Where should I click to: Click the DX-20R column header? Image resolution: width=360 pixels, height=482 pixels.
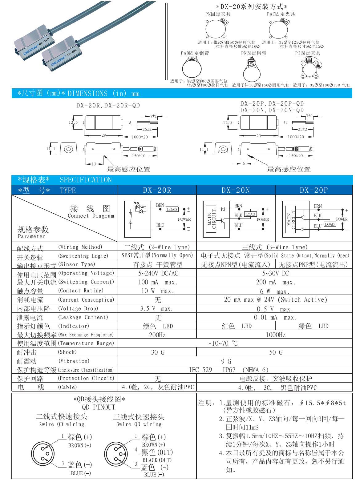pos(157,190)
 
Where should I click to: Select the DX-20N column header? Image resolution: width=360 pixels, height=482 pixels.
pos(236,190)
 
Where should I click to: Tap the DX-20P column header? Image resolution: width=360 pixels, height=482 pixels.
pos(314,190)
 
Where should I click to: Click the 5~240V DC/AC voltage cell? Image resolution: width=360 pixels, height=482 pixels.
pos(157,273)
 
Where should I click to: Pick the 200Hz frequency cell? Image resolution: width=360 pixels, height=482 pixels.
pos(157,335)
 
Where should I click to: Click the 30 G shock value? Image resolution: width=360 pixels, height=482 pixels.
pos(157,352)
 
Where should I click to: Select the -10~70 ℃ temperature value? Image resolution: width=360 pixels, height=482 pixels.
pos(223,343)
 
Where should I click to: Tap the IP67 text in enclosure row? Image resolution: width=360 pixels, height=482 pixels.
pos(229,370)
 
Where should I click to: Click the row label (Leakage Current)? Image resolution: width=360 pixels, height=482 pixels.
pos(83,317)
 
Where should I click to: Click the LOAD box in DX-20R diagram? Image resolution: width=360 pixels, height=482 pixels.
pos(172,210)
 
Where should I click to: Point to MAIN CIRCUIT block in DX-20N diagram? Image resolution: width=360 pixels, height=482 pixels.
pos(212,219)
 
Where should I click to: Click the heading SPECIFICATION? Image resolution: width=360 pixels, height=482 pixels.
pos(86,180)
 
